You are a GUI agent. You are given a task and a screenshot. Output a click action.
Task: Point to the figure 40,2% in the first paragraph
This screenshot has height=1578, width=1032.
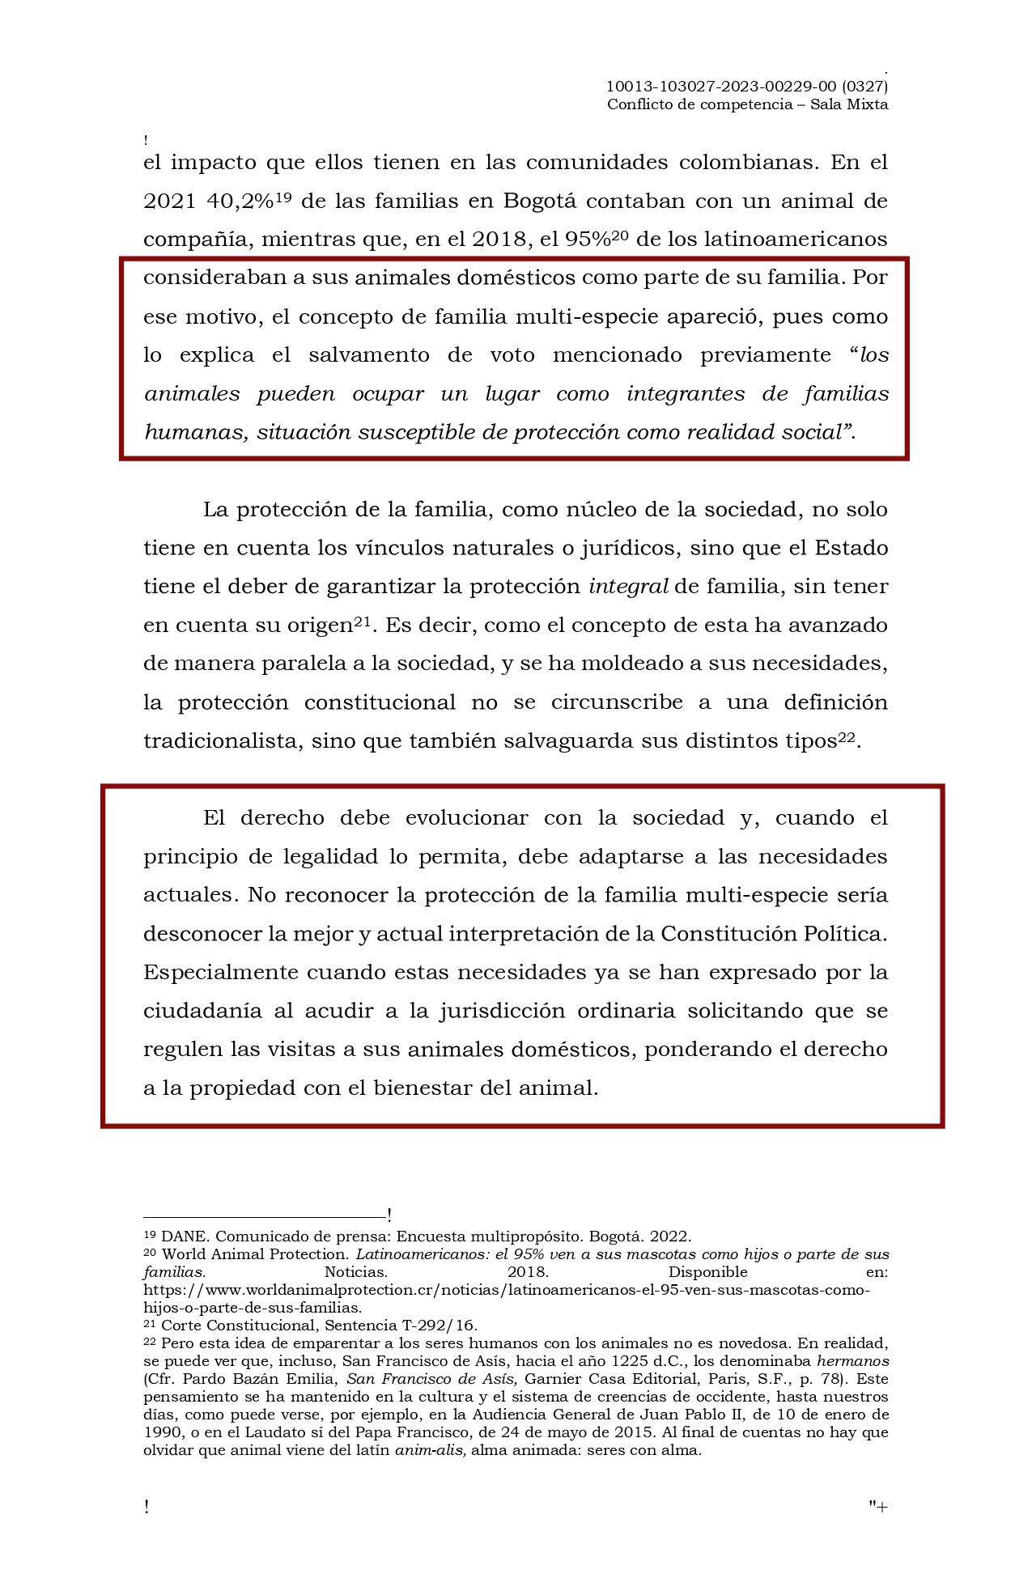(x=240, y=201)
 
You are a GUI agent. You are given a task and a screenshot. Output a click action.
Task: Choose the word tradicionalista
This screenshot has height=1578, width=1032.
(x=215, y=741)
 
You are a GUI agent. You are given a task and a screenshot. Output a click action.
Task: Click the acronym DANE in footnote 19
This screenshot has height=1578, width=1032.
(x=184, y=1237)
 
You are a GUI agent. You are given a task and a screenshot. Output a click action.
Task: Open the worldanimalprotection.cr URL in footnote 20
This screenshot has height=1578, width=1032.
(x=507, y=1290)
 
